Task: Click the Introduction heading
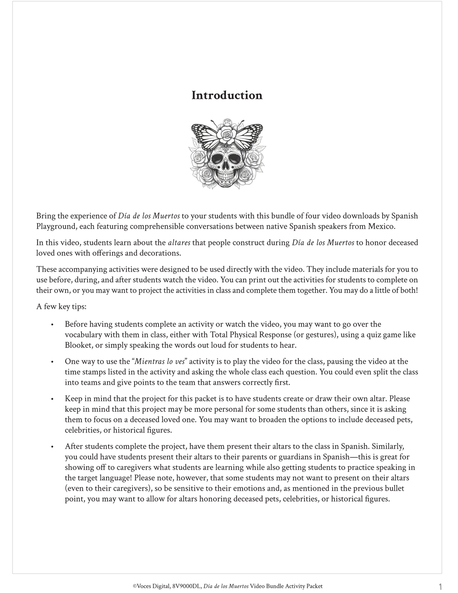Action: [227, 95]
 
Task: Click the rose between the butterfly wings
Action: [227, 132]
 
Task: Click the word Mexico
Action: [383, 226]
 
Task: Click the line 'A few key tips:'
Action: [61, 307]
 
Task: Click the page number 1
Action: [440, 587]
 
